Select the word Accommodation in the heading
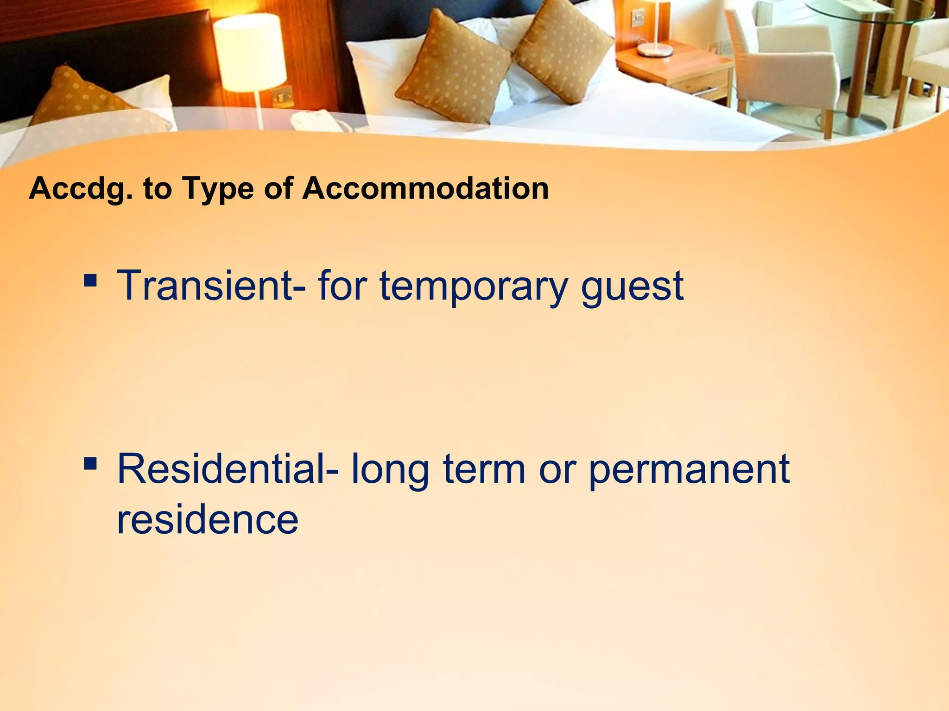point(425,188)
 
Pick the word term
point(484,469)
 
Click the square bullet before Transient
point(91,280)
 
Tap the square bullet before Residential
point(91,463)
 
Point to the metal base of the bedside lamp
point(654,50)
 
